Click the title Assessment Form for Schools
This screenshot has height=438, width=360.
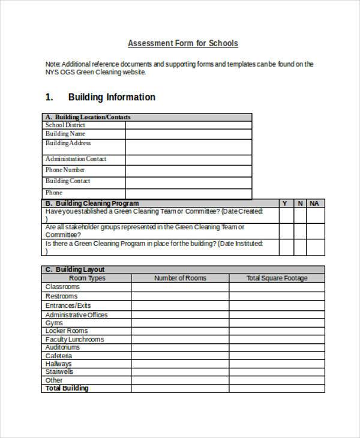click(x=183, y=43)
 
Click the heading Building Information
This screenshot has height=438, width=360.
click(x=112, y=97)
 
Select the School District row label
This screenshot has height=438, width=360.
click(x=65, y=125)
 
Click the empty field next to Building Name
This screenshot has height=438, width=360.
click(x=188, y=134)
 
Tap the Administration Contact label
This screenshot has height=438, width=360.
click(x=76, y=159)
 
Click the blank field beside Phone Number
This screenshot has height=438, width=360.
click(x=188, y=170)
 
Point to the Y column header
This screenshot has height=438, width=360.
click(x=285, y=203)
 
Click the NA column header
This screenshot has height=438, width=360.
click(x=314, y=203)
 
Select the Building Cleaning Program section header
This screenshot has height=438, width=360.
click(x=92, y=203)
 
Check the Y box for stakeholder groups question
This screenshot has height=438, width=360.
click(x=286, y=231)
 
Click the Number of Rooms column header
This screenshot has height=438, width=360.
click(x=180, y=278)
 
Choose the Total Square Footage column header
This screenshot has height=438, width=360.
click(x=277, y=278)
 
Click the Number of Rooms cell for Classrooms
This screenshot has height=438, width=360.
click(x=180, y=287)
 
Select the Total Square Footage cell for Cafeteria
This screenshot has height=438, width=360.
click(x=277, y=356)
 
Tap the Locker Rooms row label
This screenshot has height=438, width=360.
click(x=67, y=331)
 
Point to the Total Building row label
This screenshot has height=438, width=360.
click(x=67, y=388)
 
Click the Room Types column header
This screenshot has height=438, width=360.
click(x=87, y=278)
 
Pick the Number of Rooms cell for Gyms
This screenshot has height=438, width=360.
click(x=180, y=323)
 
